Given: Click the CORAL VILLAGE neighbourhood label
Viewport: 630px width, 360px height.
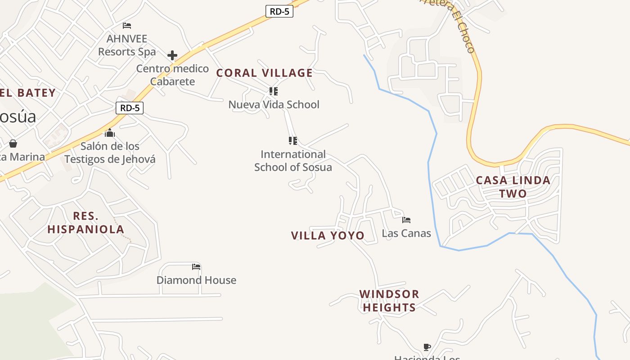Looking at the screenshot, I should click(x=265, y=73).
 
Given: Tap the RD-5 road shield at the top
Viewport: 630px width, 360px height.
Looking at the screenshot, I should click(x=279, y=12).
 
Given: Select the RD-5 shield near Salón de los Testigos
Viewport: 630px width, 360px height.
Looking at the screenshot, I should click(x=130, y=108).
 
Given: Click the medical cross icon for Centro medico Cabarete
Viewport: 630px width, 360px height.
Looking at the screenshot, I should click(x=172, y=56).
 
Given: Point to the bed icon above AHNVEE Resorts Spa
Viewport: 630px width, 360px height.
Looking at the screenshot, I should click(x=127, y=26).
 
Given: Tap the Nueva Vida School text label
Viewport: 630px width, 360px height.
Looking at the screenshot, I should click(x=274, y=105).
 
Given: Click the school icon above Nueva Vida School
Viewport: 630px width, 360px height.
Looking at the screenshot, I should click(x=273, y=91).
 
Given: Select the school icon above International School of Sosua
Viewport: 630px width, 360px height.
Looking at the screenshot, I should click(x=293, y=141).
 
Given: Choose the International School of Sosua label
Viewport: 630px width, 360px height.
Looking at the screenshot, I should click(x=293, y=161).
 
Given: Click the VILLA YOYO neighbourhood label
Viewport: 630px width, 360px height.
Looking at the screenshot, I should click(x=328, y=236).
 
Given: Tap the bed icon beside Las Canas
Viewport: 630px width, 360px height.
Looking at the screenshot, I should click(x=406, y=220).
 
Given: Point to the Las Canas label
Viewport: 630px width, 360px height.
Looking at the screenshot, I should click(x=406, y=234).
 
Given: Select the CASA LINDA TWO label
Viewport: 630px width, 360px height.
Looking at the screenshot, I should click(x=513, y=187).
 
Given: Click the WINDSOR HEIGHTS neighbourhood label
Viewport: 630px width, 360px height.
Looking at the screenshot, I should click(x=389, y=301).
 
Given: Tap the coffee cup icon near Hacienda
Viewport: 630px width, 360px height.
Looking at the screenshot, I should click(x=427, y=347).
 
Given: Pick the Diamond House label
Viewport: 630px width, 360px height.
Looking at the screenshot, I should click(x=196, y=280).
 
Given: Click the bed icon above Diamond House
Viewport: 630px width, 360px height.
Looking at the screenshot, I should click(x=196, y=267).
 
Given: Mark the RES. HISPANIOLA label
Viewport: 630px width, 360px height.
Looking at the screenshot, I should click(x=85, y=222).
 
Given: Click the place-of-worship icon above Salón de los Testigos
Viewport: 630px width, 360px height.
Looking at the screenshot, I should click(x=110, y=133).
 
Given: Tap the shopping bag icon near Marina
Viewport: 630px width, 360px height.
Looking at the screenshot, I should click(x=13, y=144).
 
